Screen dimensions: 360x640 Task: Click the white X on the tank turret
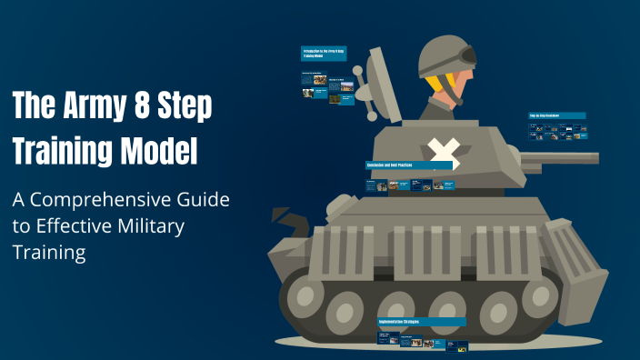[442, 154]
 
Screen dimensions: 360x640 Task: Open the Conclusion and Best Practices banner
[410, 166]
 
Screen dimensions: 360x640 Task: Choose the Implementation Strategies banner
[422, 322]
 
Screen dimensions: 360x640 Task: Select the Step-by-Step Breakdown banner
[557, 116]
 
